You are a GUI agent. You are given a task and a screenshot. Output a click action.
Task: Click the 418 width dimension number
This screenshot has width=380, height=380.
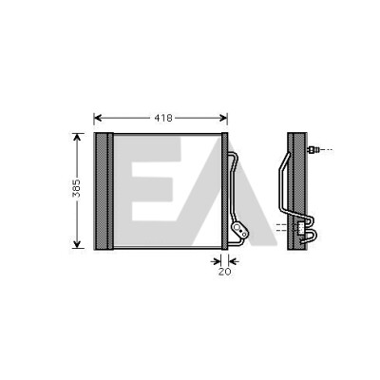[163, 118]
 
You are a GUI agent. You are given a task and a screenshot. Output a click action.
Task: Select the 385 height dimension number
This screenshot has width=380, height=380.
[77, 188]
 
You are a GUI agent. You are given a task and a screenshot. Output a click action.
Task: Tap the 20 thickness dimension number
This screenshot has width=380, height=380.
[224, 272]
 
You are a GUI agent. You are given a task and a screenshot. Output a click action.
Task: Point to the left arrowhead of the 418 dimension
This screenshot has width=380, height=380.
[98, 118]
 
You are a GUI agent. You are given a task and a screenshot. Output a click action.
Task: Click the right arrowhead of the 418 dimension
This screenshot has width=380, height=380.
[223, 118]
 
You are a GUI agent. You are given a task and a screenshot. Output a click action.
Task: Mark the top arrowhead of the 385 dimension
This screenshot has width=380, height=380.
[77, 137]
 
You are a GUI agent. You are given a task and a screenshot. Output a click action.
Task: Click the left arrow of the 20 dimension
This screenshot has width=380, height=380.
[217, 261]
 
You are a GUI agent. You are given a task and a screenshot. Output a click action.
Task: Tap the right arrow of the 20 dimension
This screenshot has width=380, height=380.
[234, 261]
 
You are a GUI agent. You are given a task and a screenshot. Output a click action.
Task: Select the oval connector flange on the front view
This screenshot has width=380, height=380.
[239, 230]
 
